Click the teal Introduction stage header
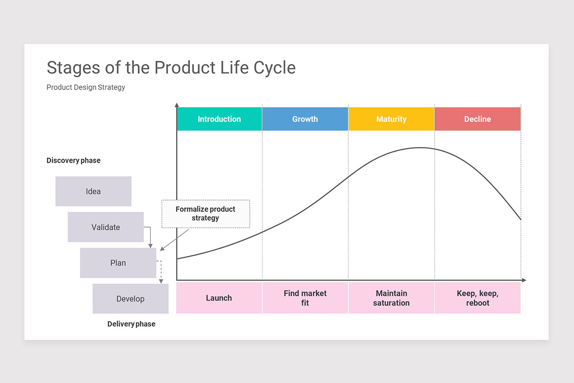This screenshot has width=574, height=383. [219, 119]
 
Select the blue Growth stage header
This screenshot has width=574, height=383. [305, 119]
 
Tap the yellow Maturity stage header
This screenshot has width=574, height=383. [391, 119]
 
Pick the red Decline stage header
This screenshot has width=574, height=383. [477, 119]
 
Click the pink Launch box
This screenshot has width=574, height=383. [219, 298]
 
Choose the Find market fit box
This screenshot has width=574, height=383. [305, 298]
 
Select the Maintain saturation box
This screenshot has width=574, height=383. [391, 298]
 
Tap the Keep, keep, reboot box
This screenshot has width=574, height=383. [477, 298]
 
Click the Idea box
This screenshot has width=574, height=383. [93, 191]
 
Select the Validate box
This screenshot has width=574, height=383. [106, 227]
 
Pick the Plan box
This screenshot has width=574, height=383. [118, 263]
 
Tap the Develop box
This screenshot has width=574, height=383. [130, 299]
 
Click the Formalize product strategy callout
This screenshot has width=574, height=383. [206, 214]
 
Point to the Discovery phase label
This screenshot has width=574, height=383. [73, 160]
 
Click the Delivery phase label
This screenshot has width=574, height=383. [131, 324]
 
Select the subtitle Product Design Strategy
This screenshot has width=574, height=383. [86, 87]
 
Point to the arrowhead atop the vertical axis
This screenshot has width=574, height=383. [177, 105]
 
